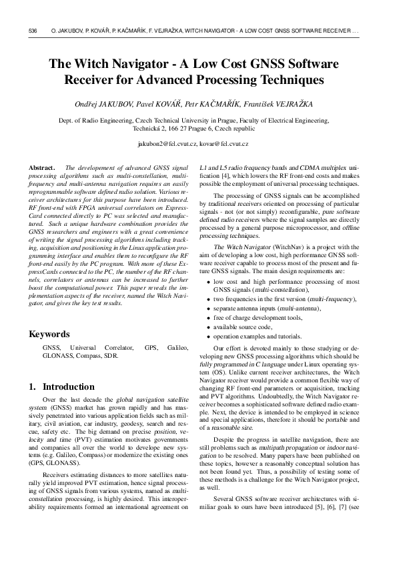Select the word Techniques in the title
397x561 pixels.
pyautogui.click(x=285, y=81)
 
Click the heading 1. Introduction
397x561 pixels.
pyautogui.click(x=62, y=386)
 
